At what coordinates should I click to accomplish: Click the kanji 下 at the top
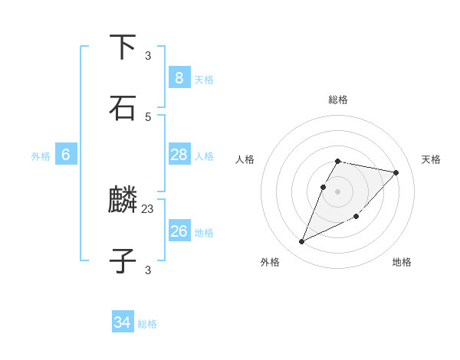tap(123, 47)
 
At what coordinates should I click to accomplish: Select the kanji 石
tap(123, 108)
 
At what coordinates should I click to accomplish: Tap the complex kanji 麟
tap(123, 201)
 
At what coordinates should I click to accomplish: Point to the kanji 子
tap(123, 261)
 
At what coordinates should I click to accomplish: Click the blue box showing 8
tap(179, 78)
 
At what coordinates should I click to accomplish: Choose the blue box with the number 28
tap(179, 155)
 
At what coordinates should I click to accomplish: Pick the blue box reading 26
tap(179, 231)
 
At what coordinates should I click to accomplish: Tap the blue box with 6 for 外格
tap(66, 155)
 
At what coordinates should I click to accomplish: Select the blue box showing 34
tap(123, 322)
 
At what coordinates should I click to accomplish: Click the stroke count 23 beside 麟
tap(148, 208)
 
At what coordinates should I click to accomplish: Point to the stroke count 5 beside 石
tap(148, 116)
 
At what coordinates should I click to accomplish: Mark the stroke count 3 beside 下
tap(148, 55)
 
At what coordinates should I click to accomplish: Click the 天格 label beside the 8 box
tap(204, 79)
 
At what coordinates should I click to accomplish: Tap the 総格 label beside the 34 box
tap(148, 324)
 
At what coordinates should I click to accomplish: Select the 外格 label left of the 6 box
tap(41, 155)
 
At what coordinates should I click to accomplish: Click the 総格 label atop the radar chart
tap(338, 100)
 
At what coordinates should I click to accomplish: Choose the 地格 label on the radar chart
tap(402, 263)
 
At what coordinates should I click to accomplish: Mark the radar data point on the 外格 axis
tap(302, 242)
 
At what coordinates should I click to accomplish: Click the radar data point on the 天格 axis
tap(396, 172)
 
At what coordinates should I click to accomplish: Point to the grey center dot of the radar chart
tap(338, 191)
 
